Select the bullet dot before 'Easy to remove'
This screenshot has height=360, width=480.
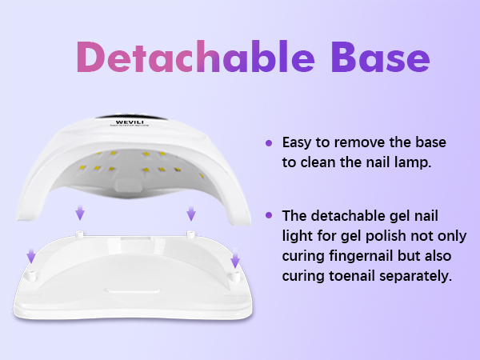269,143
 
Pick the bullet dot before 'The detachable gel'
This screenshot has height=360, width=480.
269,215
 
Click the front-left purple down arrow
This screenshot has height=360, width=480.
31,255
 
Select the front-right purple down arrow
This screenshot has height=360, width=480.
235,260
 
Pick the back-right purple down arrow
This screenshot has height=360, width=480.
191,214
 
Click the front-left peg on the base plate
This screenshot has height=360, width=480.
33,273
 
